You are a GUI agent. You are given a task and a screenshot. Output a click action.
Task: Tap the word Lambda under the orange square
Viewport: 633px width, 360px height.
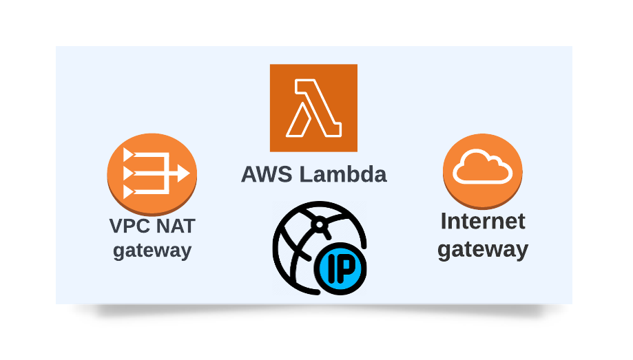click(340, 174)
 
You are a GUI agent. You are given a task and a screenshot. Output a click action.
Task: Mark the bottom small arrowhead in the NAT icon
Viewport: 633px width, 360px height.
click(127, 191)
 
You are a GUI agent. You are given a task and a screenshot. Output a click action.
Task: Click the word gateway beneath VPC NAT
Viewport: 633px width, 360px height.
click(152, 249)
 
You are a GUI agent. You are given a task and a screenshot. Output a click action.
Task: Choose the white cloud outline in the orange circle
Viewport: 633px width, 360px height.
click(482, 167)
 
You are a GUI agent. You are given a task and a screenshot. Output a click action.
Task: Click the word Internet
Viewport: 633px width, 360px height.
click(482, 221)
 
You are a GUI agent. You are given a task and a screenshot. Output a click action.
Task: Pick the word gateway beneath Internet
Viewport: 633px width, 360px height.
click(482, 248)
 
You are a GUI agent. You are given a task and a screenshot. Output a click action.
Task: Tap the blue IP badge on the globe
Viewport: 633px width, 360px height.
click(340, 268)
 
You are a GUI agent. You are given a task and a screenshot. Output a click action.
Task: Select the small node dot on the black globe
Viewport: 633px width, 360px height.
click(318, 223)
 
